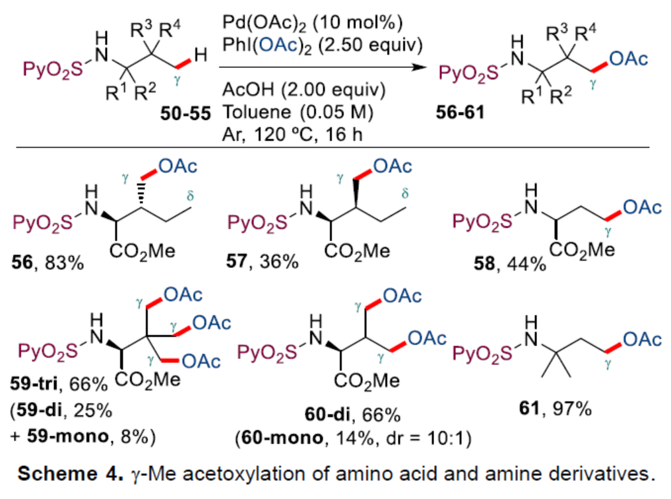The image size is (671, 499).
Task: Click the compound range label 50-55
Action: (184, 116)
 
